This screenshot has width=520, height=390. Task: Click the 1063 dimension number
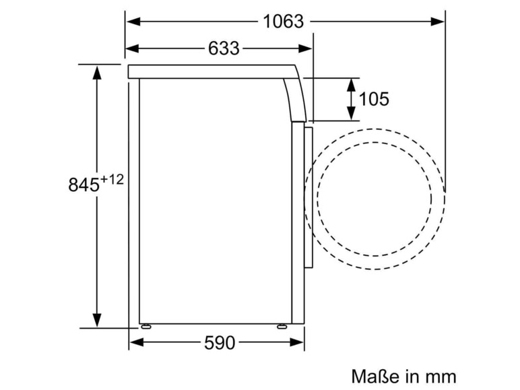coord(283,22)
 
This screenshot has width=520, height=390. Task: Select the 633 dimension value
coord(224,48)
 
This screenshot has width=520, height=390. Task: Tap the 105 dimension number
coord(374,99)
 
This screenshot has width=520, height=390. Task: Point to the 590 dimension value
coord(220,343)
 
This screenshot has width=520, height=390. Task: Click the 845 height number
coord(84,185)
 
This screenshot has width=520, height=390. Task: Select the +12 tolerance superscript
coord(112,180)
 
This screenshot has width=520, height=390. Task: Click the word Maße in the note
coord(375,377)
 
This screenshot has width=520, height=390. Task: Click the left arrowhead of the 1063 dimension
coord(133,22)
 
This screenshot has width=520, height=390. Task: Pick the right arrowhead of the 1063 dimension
coord(437,22)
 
